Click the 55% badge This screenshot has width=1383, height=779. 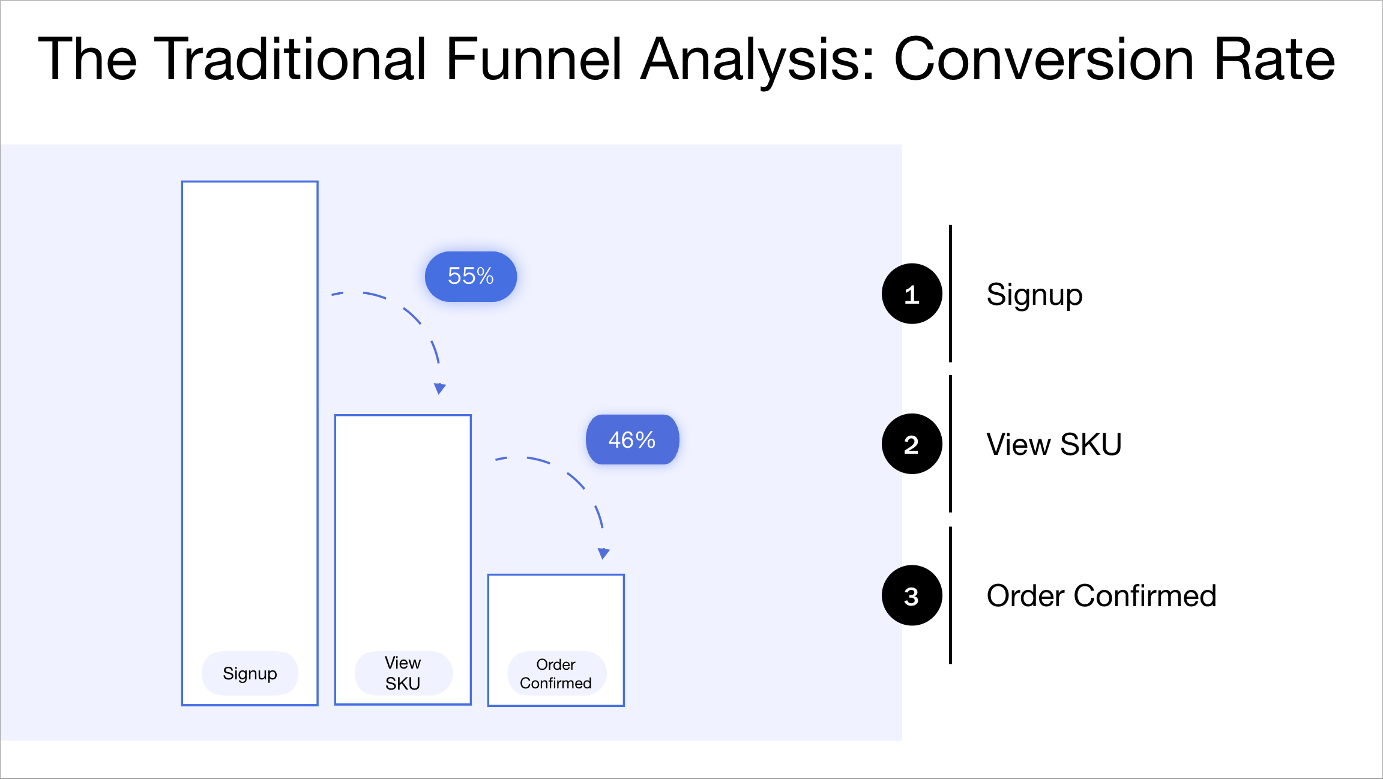point(471,277)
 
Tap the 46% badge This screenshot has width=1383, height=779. point(632,440)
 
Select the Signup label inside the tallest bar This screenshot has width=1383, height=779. point(250,673)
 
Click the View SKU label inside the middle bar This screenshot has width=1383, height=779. point(403,673)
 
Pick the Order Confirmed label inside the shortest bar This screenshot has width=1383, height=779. point(556,673)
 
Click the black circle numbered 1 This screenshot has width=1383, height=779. point(911,294)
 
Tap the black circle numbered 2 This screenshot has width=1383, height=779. point(911,444)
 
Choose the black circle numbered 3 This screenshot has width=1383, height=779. point(911,596)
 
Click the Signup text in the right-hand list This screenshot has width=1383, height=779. point(1034,295)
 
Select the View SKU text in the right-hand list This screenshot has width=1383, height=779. point(1053,445)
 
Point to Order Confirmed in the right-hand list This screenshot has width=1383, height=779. point(1101,596)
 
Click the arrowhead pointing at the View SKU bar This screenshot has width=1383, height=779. point(440,388)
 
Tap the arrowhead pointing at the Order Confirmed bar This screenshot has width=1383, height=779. point(603,553)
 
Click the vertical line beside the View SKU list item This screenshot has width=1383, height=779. point(950,444)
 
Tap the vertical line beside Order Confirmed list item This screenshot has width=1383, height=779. point(950,596)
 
